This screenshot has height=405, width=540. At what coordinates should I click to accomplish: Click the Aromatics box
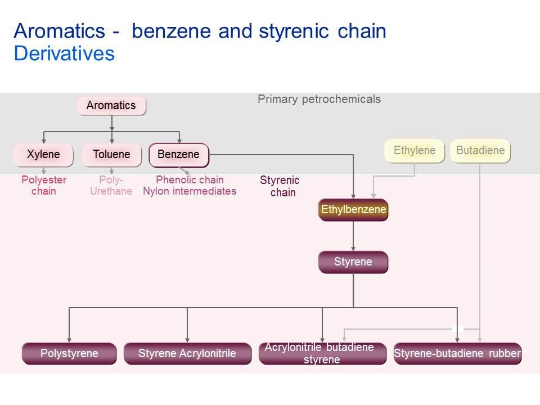coord(111,106)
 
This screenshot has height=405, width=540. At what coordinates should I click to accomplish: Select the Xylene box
coord(43,155)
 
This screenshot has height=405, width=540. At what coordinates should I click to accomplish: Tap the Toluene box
coord(111,155)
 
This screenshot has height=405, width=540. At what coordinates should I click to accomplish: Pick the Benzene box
coord(179,155)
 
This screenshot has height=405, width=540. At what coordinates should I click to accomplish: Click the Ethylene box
coord(415,151)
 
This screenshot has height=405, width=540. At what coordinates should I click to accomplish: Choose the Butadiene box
coord(480,151)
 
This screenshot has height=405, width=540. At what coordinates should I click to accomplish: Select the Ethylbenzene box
coord(353,210)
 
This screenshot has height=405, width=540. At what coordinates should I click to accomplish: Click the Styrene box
coord(353,262)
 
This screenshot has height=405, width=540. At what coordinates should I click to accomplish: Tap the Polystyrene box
coord(69,354)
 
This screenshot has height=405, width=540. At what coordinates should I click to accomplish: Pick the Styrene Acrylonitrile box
coord(187,354)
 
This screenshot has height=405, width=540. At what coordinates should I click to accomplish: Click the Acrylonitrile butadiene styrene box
coord(322,354)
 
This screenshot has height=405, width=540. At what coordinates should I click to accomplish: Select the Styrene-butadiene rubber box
coord(457,354)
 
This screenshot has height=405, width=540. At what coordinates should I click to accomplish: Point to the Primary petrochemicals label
coord(319,100)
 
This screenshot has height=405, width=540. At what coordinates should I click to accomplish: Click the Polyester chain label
coord(44,186)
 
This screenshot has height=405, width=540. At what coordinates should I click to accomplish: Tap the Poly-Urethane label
coord(111,186)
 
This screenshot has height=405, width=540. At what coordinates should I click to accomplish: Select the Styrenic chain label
coord(280,186)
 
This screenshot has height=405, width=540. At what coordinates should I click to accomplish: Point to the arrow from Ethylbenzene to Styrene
coord(353,236)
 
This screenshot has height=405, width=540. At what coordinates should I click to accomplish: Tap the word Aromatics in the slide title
coord(60,31)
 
